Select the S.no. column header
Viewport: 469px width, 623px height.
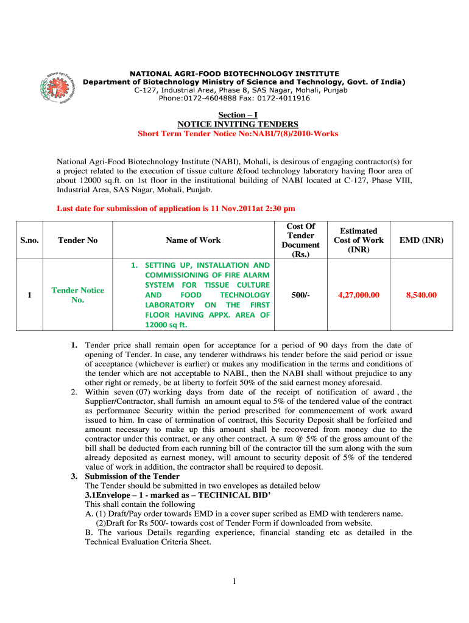coord(29,240)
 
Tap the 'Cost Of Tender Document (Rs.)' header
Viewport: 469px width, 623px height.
coord(300,240)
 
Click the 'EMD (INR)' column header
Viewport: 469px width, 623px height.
coord(421,240)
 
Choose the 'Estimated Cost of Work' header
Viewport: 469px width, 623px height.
coord(359,240)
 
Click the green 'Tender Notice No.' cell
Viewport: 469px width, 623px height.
coord(77,295)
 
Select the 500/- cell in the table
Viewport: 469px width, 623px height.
coord(300,295)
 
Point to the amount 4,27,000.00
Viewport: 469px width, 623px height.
coord(359,295)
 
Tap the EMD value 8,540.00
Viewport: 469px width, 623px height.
coord(421,295)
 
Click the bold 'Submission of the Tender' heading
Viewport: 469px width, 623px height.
coord(132,476)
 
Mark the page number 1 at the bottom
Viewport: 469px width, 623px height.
coord(234,582)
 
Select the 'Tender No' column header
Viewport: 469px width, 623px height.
coord(77,240)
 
